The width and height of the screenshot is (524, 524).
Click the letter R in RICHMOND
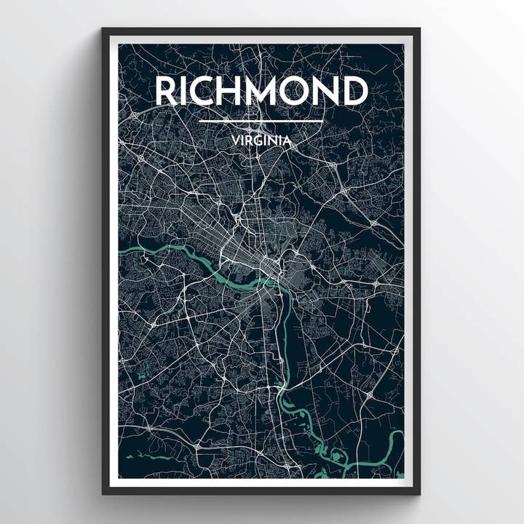(167, 91)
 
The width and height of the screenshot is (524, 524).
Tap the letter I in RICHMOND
(186, 91)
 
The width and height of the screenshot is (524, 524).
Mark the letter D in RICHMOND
(357, 91)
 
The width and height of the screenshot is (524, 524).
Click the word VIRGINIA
(261, 141)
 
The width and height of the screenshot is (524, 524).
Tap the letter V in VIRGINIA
(234, 141)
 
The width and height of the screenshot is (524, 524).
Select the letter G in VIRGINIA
(258, 141)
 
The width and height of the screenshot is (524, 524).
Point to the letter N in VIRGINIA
(274, 141)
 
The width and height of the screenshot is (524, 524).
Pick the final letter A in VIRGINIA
(288, 141)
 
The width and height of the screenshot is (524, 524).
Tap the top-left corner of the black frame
(103, 30)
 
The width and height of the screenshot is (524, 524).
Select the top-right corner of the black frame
(418, 30)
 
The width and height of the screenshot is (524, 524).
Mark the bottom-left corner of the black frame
(103, 493)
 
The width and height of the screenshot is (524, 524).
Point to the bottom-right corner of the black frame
(418, 493)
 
